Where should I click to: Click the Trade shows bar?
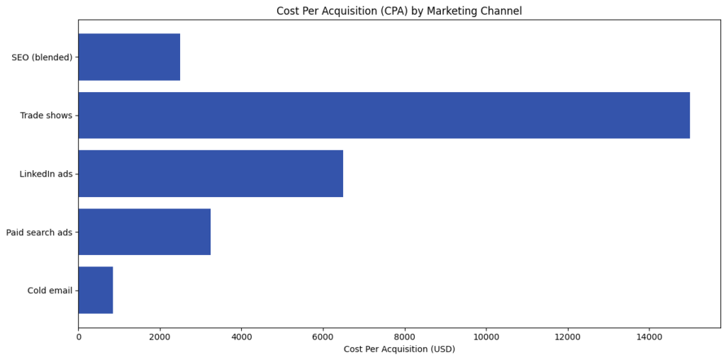pos(384,116)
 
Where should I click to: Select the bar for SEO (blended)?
pos(129,57)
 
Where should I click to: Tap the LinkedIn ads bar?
pos(211,174)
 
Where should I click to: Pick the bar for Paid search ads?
pos(144,232)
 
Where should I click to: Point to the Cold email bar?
pos(96,290)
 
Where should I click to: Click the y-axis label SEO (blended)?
pos(42,57)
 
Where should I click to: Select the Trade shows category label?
pos(46,116)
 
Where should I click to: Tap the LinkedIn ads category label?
pos(46,174)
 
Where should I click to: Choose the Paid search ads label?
pos(39,232)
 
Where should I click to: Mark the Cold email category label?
pos(50,291)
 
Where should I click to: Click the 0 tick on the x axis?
pos(79,337)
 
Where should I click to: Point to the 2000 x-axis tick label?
pos(160,337)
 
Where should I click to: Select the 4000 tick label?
pos(242,337)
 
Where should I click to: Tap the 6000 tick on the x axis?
pos(323,337)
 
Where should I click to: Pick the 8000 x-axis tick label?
pos(405,337)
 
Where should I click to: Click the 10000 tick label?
pos(486,337)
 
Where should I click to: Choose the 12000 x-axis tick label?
pos(568,337)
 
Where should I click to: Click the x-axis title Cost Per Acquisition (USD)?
pos(399,349)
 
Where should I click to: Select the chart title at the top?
pos(399,11)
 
